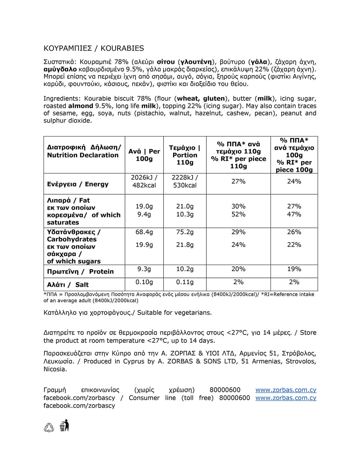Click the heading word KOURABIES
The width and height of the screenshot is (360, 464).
point(122,48)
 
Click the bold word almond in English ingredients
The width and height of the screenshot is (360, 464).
point(80,106)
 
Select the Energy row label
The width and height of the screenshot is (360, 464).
point(78,184)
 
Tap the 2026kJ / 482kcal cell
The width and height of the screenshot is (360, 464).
point(144,181)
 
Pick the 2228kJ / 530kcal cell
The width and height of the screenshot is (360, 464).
point(185,181)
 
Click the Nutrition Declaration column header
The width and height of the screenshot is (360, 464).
point(83,151)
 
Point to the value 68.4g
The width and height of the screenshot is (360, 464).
point(144,232)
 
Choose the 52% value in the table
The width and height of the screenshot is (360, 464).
point(238,214)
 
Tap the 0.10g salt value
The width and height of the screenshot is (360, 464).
point(144,282)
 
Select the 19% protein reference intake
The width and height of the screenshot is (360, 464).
point(294,269)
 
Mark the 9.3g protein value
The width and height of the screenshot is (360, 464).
point(144,269)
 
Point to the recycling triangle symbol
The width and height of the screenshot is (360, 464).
point(49,428)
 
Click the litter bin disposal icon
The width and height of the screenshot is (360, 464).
point(64,426)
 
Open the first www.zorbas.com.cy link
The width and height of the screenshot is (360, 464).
point(286,390)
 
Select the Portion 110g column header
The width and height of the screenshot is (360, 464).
point(185,155)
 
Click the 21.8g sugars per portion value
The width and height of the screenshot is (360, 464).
point(185,245)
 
